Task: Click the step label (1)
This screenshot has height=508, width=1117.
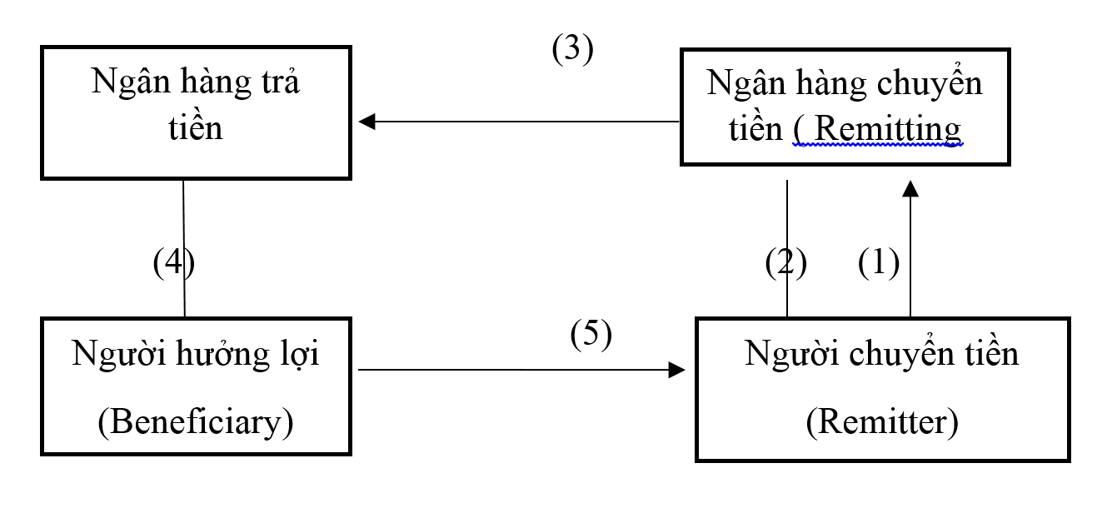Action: pos(879,264)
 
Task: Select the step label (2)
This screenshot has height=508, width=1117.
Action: pos(786,264)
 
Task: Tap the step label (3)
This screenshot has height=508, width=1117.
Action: pos(572,50)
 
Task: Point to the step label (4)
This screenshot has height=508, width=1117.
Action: pos(173,264)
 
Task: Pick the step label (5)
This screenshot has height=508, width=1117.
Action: pos(591,334)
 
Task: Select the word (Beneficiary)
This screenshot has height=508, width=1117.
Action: pos(196,423)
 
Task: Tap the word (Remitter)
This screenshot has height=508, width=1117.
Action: pos(882,423)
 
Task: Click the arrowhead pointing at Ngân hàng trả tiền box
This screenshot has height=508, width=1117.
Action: pos(367,122)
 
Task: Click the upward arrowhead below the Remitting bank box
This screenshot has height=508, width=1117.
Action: pos(910,189)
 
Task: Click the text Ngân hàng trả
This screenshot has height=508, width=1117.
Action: pos(196,83)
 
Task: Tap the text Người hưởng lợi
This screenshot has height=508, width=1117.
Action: pos(196,354)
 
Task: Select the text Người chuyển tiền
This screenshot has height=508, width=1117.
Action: pos(882,354)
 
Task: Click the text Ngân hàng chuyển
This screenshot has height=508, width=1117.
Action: pos(845,83)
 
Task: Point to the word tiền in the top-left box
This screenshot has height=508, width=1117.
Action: pos(196,129)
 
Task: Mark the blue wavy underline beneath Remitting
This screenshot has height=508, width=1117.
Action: pos(878,145)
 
